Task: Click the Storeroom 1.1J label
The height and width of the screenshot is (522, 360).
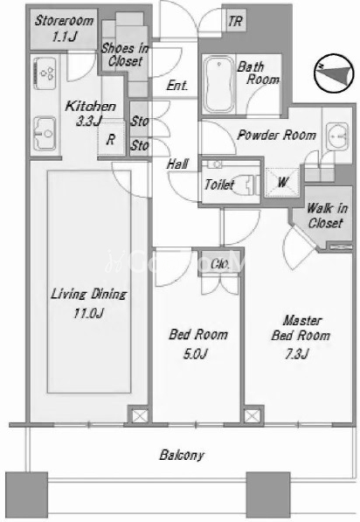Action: point(64,28)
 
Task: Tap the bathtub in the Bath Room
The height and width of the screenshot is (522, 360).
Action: point(218,85)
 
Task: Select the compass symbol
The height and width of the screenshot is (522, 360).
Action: point(334,73)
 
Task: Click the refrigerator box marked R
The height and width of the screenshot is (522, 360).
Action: point(111,139)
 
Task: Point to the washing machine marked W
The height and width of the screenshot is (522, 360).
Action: point(282,182)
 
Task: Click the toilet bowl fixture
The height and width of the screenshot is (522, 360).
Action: point(249,185)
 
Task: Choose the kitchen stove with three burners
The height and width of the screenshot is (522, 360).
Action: point(45,73)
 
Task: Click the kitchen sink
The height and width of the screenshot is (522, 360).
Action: point(45,133)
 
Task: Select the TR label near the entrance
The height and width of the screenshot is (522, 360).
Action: point(235,22)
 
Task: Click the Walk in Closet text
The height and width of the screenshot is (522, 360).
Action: point(327,216)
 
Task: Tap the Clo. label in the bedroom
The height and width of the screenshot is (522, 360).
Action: point(220,264)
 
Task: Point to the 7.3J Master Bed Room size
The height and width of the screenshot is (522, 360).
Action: point(297,354)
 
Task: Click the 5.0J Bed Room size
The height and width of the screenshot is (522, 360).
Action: point(196,354)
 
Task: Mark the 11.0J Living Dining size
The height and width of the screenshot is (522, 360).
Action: point(89,313)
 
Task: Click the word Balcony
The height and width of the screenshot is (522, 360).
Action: point(182,455)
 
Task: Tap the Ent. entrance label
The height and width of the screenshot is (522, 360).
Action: point(177,85)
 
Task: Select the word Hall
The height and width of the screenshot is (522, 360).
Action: point(178,164)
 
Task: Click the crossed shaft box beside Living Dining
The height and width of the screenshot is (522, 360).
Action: point(138,415)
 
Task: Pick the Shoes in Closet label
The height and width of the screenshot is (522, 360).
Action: point(125,54)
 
